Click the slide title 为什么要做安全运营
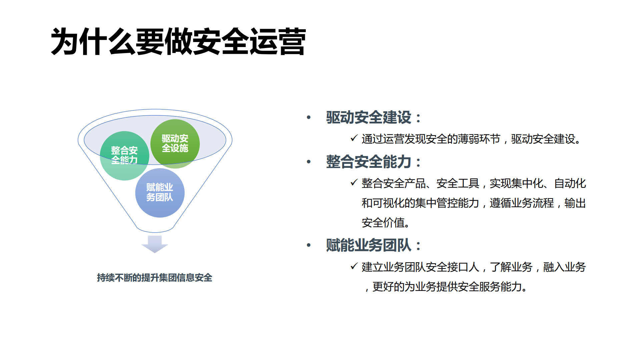pos(178,42)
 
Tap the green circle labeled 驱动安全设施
pos(175,143)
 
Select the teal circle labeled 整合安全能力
pos(124,155)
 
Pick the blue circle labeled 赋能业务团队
pos(160,193)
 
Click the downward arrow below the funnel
pos(154,244)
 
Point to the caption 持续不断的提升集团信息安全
pos(154,278)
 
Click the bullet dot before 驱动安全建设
pos(309,117)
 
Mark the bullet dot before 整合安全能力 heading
pos(309,162)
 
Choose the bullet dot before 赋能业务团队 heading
pos(309,246)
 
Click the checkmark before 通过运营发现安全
pos(354,138)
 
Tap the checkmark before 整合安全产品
pos(354,182)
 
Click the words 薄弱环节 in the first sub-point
pos(479,139)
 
